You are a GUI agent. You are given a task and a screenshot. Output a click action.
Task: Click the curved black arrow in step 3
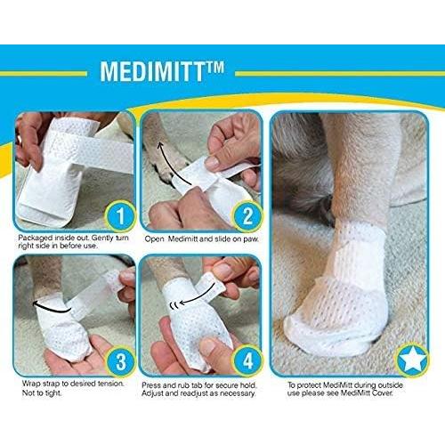click(44, 303)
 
